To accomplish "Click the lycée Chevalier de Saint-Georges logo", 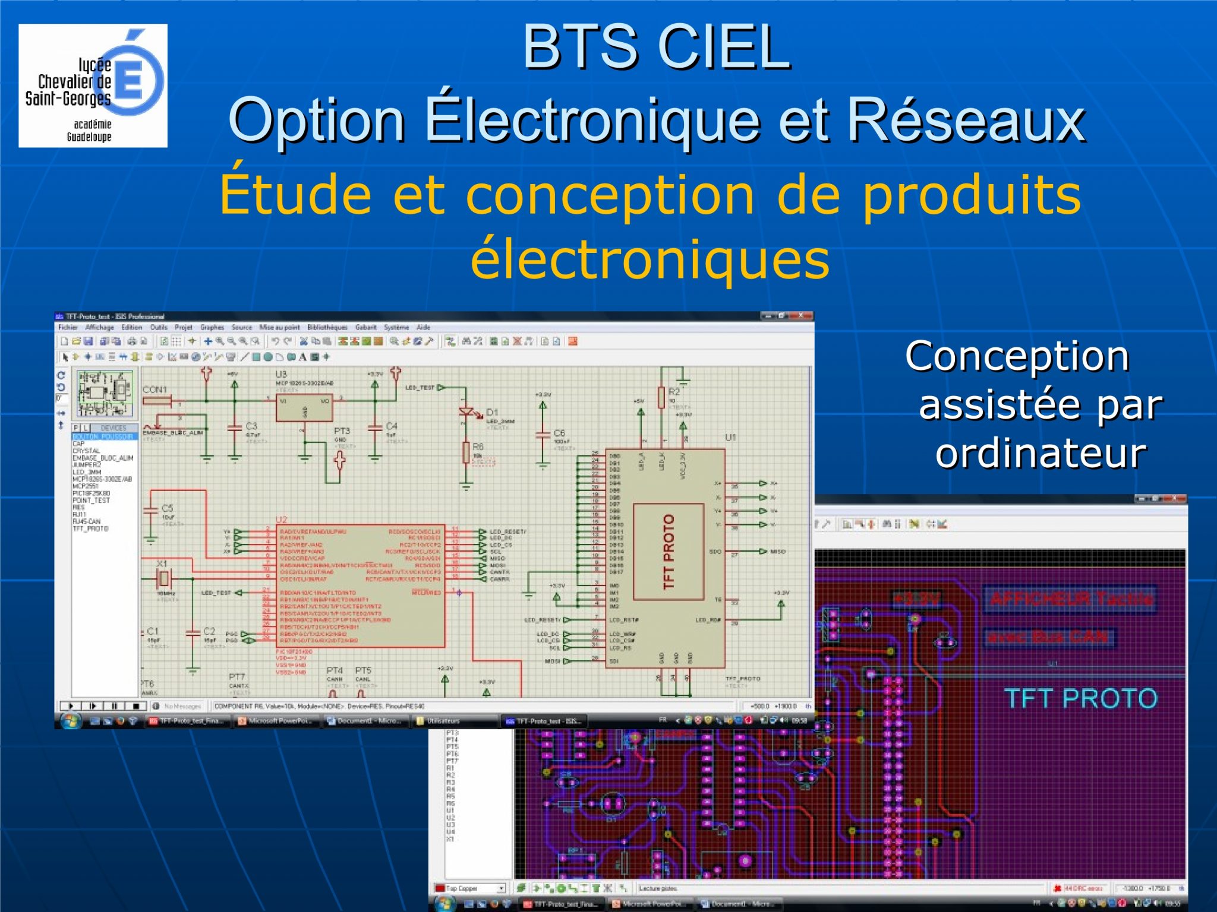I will click(93, 85).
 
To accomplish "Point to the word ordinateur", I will click(1040, 454).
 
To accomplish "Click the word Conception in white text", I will click(1016, 356).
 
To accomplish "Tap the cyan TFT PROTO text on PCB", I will click(1080, 699).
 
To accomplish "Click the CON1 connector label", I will click(155, 389).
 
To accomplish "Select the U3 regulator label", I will click(280, 375).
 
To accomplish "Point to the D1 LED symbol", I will click(467, 411).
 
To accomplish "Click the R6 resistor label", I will click(478, 446).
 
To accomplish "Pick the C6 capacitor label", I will click(559, 433).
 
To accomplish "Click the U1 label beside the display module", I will click(730, 438).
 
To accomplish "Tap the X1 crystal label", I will click(162, 563).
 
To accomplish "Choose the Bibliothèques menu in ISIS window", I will click(327, 327).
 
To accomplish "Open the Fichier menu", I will click(67, 327).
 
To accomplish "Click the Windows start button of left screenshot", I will click(70, 721).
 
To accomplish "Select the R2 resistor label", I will click(674, 392).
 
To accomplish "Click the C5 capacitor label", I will click(167, 508).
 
